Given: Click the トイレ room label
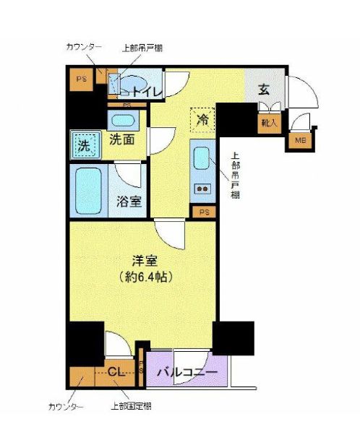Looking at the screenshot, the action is (147, 91).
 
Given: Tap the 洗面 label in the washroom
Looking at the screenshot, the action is (122, 139).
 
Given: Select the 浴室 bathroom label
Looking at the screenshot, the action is (129, 201).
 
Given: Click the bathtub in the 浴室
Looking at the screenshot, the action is (88, 191).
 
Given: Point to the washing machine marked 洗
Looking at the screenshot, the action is (86, 144).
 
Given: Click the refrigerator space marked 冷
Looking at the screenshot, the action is (202, 120).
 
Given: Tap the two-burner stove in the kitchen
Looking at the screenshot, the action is (202, 189).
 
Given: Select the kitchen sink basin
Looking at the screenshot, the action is (202, 158).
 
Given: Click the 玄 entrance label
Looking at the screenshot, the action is (264, 90).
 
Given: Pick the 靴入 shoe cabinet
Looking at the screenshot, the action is (270, 122).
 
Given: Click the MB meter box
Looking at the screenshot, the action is (301, 139).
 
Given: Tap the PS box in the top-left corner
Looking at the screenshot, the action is (82, 79).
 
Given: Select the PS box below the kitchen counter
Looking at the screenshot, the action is (204, 212).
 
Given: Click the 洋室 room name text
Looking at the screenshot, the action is (145, 261).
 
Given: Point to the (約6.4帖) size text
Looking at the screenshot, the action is (145, 277).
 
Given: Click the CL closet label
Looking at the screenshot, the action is (116, 372).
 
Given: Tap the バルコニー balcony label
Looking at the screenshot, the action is (187, 372).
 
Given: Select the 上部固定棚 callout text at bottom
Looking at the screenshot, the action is (131, 406).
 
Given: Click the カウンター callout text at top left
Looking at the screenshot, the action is (84, 47).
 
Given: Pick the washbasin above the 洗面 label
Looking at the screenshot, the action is (124, 121).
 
